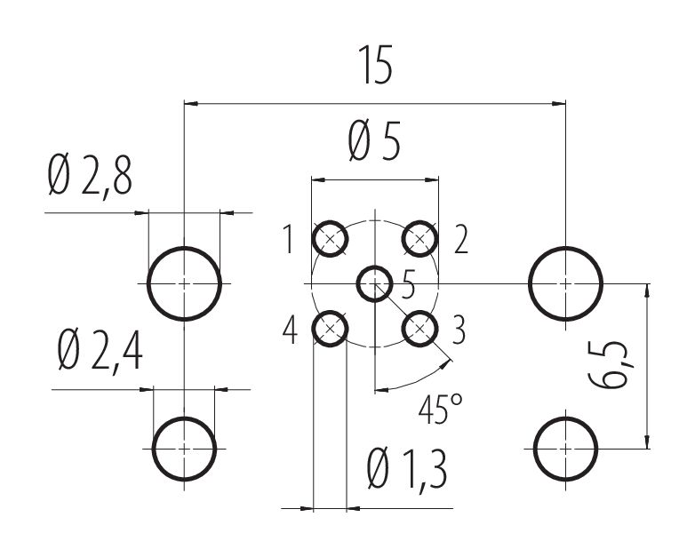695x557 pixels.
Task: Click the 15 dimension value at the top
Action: (x=375, y=65)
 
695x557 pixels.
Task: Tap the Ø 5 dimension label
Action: (x=374, y=141)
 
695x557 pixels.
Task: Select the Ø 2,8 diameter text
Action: (x=90, y=177)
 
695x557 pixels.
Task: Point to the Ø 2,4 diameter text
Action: (x=100, y=351)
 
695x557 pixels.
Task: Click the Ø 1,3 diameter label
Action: (x=407, y=470)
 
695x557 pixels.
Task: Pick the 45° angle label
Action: (x=441, y=409)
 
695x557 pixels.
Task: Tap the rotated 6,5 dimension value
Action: (x=611, y=365)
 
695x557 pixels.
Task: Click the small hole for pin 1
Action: (x=330, y=239)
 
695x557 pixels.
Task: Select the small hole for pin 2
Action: (x=419, y=239)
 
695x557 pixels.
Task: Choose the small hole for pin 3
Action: (x=419, y=329)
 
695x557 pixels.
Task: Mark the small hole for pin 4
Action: (x=330, y=329)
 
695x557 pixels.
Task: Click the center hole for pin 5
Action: (x=375, y=283)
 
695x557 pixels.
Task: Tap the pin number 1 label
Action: (x=289, y=239)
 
